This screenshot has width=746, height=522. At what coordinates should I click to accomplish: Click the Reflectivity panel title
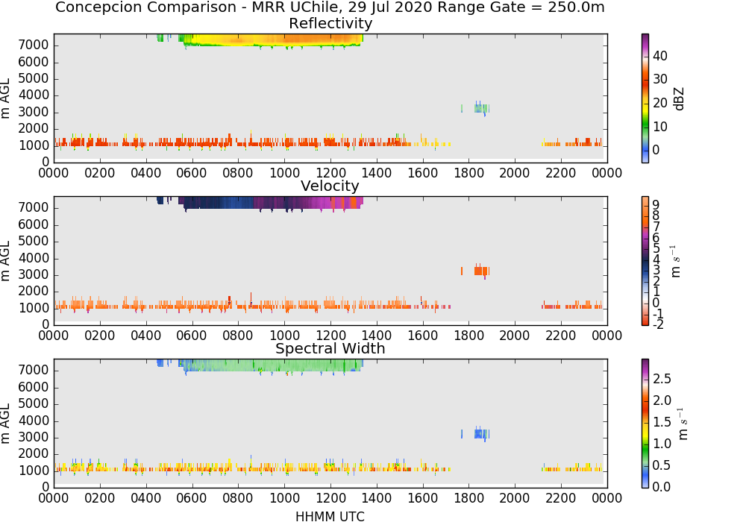click(x=330, y=23)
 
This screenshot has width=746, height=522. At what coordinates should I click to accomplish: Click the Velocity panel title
click(x=330, y=186)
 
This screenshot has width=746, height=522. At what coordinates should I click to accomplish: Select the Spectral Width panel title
click(x=330, y=348)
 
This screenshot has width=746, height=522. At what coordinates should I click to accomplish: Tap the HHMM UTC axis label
click(x=330, y=516)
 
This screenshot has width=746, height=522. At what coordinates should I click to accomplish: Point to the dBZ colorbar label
click(x=680, y=99)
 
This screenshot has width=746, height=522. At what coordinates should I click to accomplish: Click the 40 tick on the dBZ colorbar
click(x=660, y=56)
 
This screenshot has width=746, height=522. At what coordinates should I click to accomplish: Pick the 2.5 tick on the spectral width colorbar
click(x=662, y=379)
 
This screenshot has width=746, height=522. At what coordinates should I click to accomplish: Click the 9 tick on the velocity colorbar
click(x=656, y=205)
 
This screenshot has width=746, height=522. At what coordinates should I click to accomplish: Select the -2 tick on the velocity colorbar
click(x=658, y=324)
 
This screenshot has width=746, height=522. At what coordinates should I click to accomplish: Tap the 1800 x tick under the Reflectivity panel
click(x=468, y=173)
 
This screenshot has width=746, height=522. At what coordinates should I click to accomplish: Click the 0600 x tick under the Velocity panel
click(x=192, y=336)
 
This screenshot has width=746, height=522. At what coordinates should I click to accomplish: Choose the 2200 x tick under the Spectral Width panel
click(x=561, y=498)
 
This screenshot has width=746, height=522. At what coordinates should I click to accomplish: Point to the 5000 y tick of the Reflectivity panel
click(x=34, y=78)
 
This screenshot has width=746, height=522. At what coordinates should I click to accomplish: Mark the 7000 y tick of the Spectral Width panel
click(x=34, y=371)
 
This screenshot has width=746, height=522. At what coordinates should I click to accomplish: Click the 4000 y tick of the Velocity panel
click(x=34, y=258)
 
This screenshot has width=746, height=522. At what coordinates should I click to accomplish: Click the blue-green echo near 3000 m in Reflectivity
click(x=481, y=108)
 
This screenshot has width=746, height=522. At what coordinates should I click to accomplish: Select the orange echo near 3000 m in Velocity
click(x=481, y=271)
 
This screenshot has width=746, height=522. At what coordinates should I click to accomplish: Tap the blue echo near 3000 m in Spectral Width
click(x=481, y=433)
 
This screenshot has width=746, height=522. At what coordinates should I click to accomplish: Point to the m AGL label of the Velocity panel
click(x=5, y=261)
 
